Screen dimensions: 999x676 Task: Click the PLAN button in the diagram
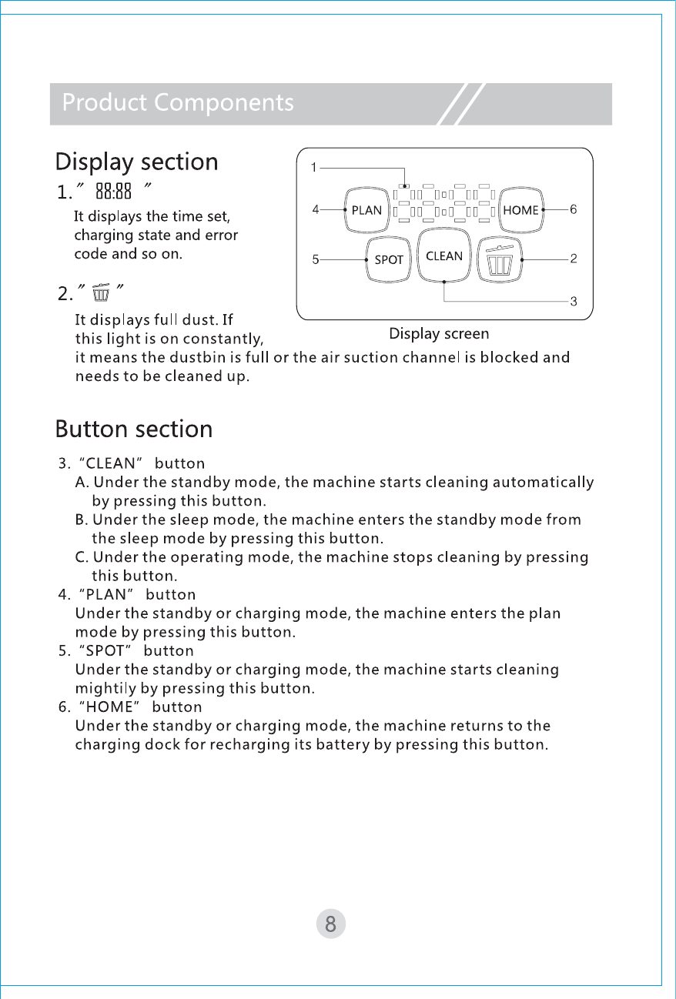pyautogui.click(x=366, y=210)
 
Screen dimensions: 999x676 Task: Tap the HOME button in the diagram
pyautogui.click(x=520, y=210)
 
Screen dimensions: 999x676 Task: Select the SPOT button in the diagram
pyautogui.click(x=389, y=260)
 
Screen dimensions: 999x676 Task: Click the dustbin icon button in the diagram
pyautogui.click(x=500, y=259)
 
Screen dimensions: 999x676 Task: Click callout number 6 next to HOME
pyautogui.click(x=574, y=209)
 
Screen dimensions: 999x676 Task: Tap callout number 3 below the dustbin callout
pyautogui.click(x=574, y=302)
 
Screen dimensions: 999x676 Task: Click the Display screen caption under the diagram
pyautogui.click(x=439, y=333)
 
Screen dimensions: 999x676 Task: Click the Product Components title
pyautogui.click(x=178, y=102)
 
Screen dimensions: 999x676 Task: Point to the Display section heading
pyautogui.click(x=137, y=162)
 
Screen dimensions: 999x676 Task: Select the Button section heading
pyautogui.click(x=134, y=429)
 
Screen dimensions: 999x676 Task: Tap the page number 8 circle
pyautogui.click(x=330, y=924)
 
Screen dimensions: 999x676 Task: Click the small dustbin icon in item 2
pyautogui.click(x=101, y=293)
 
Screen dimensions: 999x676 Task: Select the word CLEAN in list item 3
pyautogui.click(x=114, y=463)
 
